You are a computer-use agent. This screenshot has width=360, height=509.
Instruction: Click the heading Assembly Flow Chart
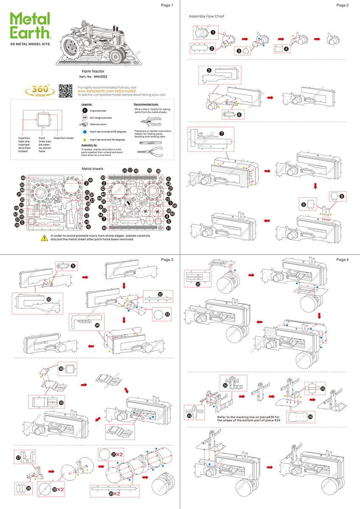(207, 16)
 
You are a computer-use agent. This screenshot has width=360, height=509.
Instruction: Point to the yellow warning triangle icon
(44, 238)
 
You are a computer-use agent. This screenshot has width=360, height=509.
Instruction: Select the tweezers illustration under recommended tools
(148, 143)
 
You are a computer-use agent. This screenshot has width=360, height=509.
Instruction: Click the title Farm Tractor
(93, 71)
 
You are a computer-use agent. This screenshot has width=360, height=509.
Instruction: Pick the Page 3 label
(167, 260)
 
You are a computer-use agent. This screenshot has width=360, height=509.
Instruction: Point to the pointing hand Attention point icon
(84, 124)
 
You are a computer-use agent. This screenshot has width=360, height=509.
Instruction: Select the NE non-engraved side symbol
(84, 117)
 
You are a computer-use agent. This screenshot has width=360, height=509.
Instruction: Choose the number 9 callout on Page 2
(342, 196)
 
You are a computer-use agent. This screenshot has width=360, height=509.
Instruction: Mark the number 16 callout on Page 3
(61, 369)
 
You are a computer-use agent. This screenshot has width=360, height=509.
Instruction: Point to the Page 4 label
(342, 260)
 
